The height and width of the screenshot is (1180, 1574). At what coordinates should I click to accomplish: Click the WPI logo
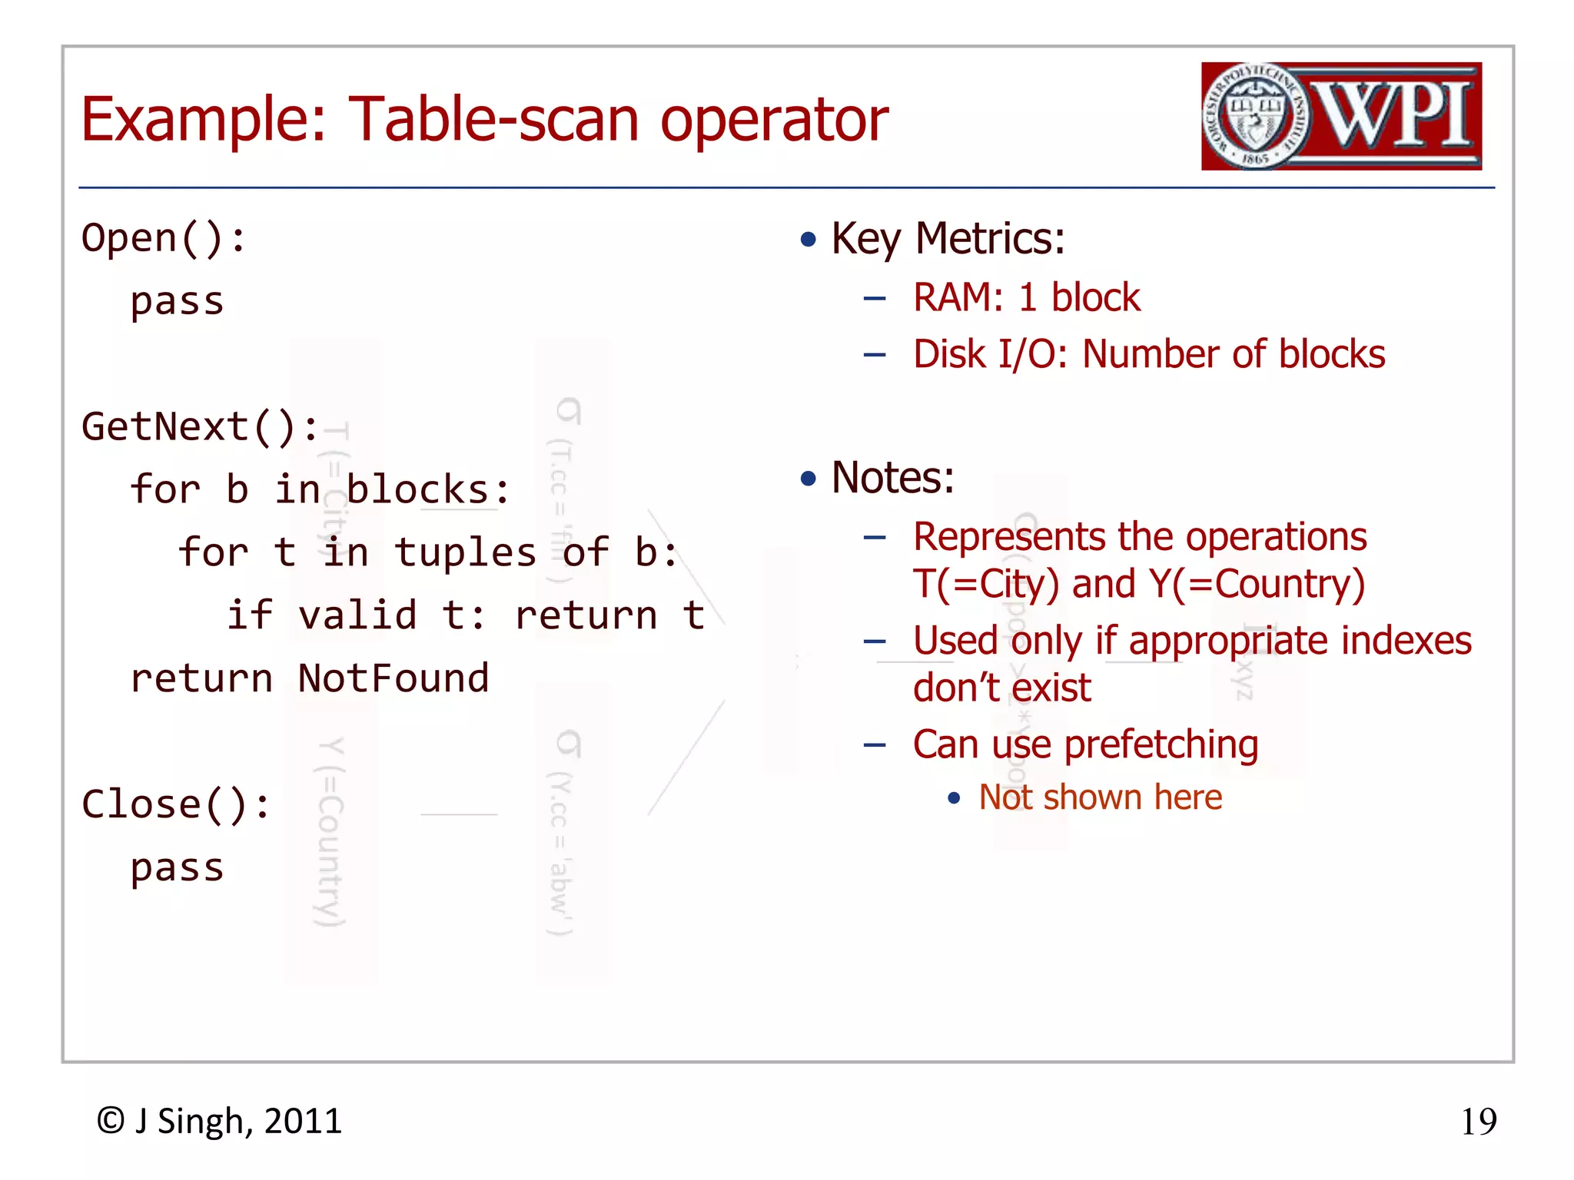(1340, 116)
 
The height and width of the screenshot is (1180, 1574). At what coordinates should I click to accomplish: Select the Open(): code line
(164, 239)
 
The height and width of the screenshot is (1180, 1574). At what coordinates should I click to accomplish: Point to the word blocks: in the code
(427, 490)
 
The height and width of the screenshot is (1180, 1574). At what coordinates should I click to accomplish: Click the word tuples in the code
(465, 553)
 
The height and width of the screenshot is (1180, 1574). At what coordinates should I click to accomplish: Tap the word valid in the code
(357, 616)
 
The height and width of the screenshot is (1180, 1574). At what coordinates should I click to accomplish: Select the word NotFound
(393, 679)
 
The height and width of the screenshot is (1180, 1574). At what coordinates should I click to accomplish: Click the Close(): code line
(176, 805)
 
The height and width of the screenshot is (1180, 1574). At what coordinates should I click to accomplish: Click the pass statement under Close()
(177, 868)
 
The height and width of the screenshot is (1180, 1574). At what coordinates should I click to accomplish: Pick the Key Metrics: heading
(948, 239)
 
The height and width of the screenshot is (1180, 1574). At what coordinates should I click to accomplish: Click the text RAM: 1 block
(1026, 298)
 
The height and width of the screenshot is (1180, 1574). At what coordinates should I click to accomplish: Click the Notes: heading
(892, 478)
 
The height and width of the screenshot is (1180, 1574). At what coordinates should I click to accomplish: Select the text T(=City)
(985, 584)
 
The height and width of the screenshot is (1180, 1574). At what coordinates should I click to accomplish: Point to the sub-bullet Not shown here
(1099, 797)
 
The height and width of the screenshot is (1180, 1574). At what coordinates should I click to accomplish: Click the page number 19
(1478, 1122)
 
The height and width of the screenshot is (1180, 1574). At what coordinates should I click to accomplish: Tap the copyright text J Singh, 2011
(237, 1122)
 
